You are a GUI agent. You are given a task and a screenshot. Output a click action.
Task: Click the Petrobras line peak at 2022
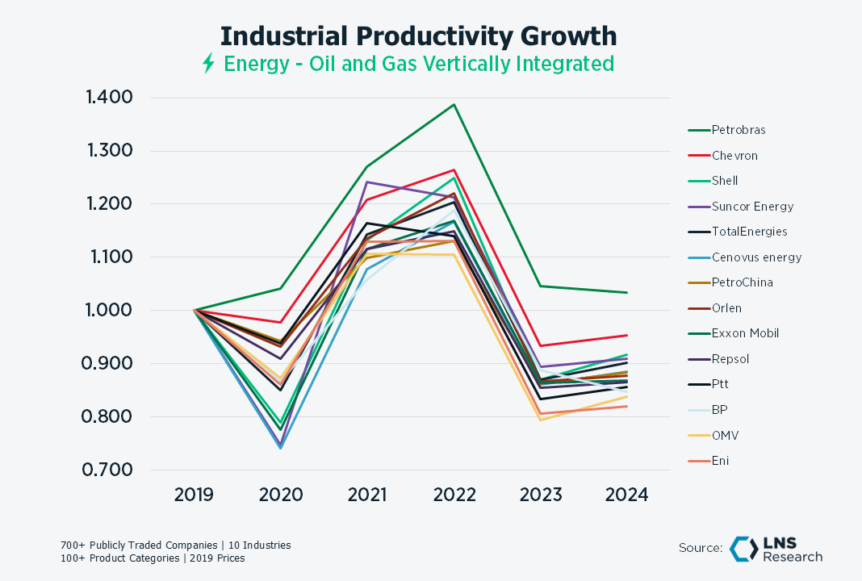(454, 104)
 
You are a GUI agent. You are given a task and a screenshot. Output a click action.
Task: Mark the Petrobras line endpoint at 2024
(627, 292)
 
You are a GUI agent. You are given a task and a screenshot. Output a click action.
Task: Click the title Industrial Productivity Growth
(418, 36)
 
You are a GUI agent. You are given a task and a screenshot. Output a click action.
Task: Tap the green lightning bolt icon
(208, 64)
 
